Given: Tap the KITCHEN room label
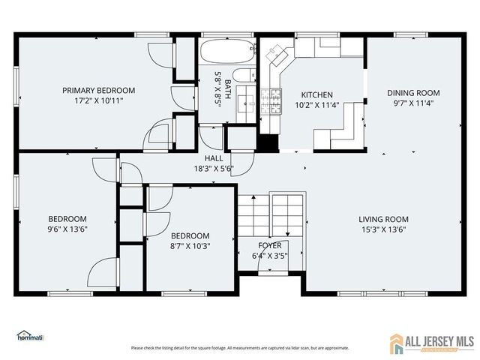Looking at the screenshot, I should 317,94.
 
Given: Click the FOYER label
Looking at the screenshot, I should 270,245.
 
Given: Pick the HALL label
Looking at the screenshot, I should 214,159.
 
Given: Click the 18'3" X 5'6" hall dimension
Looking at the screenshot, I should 214,169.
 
